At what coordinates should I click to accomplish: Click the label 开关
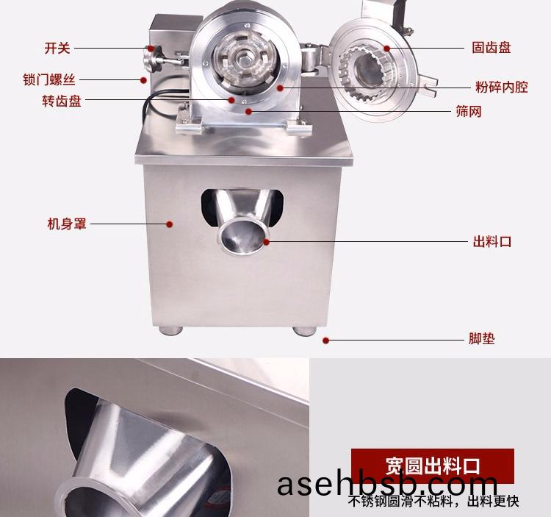pos(57,49)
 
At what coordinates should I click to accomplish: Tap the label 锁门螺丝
pos(49,80)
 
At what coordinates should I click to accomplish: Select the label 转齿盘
pos(62,101)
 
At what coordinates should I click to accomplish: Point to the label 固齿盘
pos(491,48)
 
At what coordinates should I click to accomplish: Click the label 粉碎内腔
pos(502,88)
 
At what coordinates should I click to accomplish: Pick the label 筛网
pos(469,112)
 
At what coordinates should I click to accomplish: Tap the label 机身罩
pos(67,224)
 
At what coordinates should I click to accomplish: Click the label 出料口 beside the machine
pos(492,242)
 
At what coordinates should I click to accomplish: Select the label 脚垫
pos(482,339)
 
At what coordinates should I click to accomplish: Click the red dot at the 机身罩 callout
pos(170,224)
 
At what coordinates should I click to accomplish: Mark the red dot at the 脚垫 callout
pos(325,340)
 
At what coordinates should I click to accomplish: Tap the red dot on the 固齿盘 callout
pos(387,49)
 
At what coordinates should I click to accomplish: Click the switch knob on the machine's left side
pos(153,59)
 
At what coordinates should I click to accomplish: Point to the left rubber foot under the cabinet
pos(170,331)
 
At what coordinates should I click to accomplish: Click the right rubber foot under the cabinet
pos(305,331)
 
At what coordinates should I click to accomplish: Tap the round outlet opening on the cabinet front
pos(242,235)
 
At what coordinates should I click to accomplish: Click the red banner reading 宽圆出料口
pos(433,466)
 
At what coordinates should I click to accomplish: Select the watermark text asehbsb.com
pos(387,485)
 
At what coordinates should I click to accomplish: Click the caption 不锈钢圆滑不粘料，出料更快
pos(433,501)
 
